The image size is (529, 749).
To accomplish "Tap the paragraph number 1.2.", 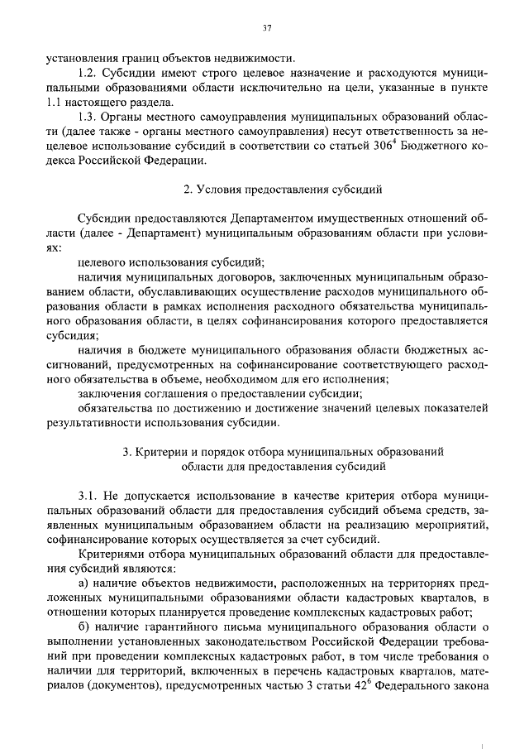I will tap(88, 73).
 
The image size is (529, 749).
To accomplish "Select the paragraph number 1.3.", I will tap(88, 118).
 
